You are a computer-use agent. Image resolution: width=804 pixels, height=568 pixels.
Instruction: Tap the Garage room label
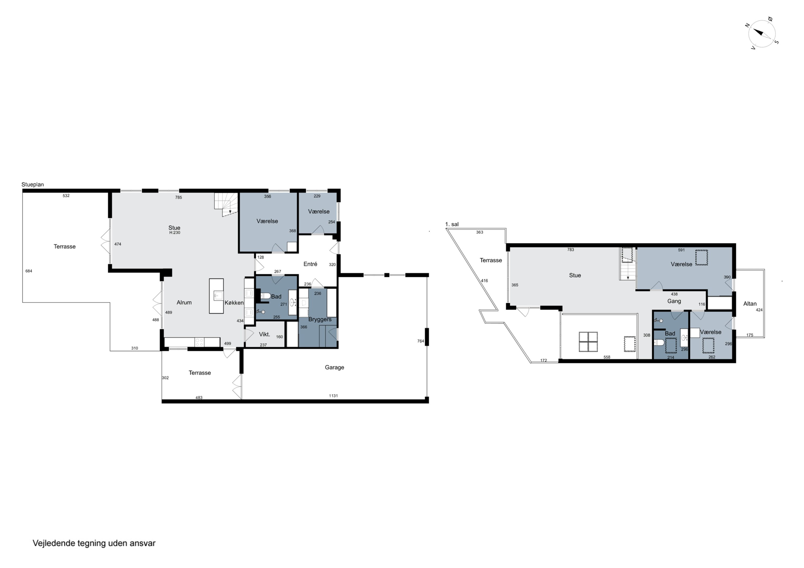click(334, 367)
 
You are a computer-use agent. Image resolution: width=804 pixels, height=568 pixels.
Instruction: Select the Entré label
click(310, 264)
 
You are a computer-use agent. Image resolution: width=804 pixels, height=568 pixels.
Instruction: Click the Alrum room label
click(184, 303)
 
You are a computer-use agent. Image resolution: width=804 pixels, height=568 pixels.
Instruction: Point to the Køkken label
click(234, 303)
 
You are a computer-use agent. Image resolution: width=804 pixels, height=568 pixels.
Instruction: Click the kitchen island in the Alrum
click(216, 296)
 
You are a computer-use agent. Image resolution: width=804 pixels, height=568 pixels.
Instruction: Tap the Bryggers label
click(320, 319)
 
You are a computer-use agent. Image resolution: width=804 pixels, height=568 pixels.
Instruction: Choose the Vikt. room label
click(264, 334)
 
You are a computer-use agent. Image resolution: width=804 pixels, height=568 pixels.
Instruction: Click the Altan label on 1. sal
click(750, 304)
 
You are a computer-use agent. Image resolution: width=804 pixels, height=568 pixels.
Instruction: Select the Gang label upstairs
click(674, 301)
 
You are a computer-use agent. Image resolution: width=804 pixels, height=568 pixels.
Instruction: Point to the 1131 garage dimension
click(333, 396)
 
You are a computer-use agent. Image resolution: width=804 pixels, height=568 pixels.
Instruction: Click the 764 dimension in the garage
click(420, 341)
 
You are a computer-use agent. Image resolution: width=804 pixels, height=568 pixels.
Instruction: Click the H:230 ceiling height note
click(175, 233)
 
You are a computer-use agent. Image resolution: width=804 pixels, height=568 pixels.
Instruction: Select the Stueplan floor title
click(33, 185)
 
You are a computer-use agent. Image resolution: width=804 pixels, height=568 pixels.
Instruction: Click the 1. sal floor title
click(452, 224)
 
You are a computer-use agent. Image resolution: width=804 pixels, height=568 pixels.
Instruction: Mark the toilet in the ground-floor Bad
click(265, 296)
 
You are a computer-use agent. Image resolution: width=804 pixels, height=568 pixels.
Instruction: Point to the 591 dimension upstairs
click(682, 250)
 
